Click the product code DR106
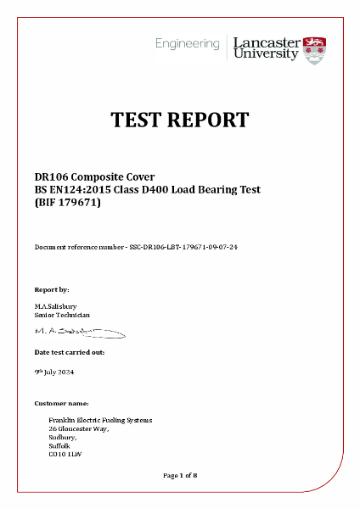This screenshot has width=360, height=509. (52, 176)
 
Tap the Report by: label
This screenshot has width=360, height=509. (52, 289)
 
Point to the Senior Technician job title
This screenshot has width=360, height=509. (62, 315)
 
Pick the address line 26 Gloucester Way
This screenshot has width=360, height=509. (79, 429)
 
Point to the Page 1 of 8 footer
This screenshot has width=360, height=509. (180, 475)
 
